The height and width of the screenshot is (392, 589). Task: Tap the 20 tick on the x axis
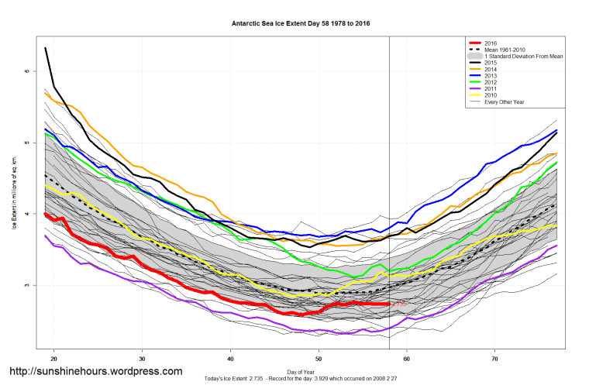[x=54, y=359]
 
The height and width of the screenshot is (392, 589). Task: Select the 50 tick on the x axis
[x=319, y=359]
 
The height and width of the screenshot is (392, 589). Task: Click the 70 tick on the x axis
[x=494, y=359]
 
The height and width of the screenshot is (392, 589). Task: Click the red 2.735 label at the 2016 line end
[x=399, y=305]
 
